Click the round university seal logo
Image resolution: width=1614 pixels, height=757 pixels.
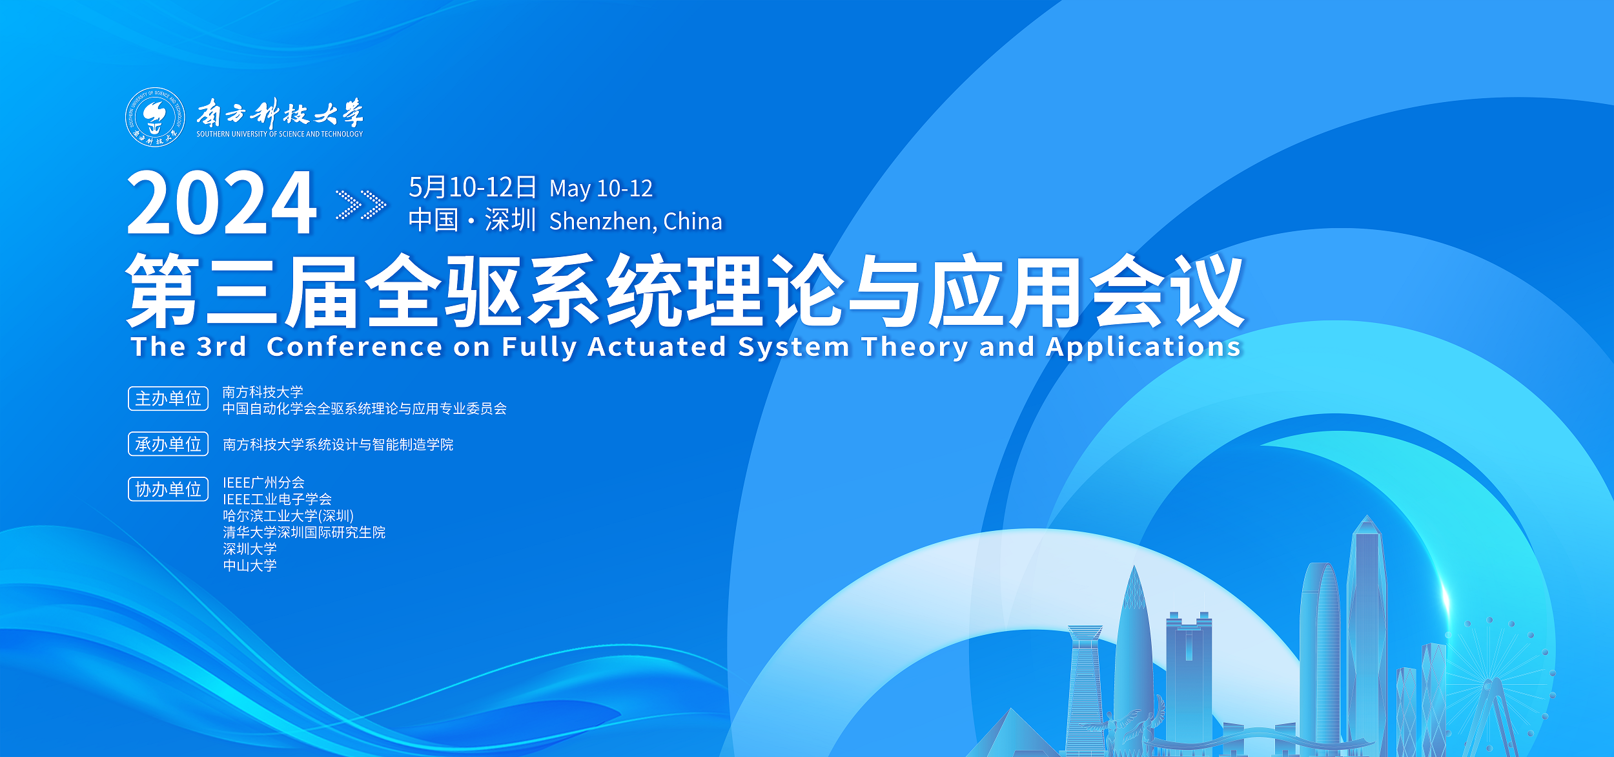pos(155,117)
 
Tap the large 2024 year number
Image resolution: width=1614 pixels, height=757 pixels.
pos(221,203)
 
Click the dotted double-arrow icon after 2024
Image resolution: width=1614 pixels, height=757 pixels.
pos(361,205)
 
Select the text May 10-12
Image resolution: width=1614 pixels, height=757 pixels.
pos(601,189)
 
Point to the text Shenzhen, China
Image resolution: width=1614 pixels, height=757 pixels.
pos(636,222)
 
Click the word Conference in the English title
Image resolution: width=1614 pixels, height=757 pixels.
pos(354,347)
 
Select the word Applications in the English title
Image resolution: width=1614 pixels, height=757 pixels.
pos(1143,347)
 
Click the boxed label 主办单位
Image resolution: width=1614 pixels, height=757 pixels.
pos(169,399)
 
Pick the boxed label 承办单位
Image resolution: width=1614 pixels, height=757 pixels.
pos(169,444)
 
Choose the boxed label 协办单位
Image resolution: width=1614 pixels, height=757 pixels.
pos(169,489)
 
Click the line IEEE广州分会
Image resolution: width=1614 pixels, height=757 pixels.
pos(263,482)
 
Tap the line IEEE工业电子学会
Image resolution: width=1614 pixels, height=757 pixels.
pos(277,499)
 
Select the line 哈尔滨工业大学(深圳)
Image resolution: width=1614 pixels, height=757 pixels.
pos(288,516)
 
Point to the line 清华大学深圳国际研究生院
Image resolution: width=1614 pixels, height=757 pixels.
pos(304,532)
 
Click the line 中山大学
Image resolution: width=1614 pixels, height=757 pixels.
pos(250,566)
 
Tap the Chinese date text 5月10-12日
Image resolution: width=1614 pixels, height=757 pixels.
pos(473,187)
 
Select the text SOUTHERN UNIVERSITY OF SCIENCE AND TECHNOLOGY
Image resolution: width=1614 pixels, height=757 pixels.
pos(280,134)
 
